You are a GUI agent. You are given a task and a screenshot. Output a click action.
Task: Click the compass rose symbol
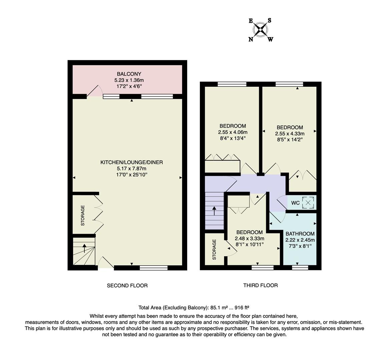261,30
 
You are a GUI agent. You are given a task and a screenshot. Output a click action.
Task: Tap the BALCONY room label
129,74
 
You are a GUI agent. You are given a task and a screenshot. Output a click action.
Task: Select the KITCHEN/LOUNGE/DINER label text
131,162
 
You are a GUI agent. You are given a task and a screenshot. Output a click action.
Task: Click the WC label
295,203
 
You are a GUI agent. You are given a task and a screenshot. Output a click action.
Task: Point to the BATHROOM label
300,234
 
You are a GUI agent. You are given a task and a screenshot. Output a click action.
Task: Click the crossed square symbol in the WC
308,203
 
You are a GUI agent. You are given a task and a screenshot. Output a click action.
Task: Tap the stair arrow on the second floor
84,248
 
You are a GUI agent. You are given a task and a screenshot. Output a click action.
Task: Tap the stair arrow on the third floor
214,211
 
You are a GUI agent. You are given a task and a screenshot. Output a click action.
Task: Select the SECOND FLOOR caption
127,285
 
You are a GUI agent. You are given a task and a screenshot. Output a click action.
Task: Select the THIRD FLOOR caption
260,285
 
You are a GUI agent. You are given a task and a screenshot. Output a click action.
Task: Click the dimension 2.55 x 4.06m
233,132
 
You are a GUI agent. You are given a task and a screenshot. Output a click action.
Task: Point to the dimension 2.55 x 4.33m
290,133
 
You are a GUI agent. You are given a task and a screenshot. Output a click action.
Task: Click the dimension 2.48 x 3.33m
249,238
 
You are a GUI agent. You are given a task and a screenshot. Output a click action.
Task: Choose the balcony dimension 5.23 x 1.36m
129,80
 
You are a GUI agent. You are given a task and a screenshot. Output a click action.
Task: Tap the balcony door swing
94,91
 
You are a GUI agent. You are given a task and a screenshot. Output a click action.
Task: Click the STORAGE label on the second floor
83,215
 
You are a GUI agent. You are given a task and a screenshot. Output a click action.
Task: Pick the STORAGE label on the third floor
214,249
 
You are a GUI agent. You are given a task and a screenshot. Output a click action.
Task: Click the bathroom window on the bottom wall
300,267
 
